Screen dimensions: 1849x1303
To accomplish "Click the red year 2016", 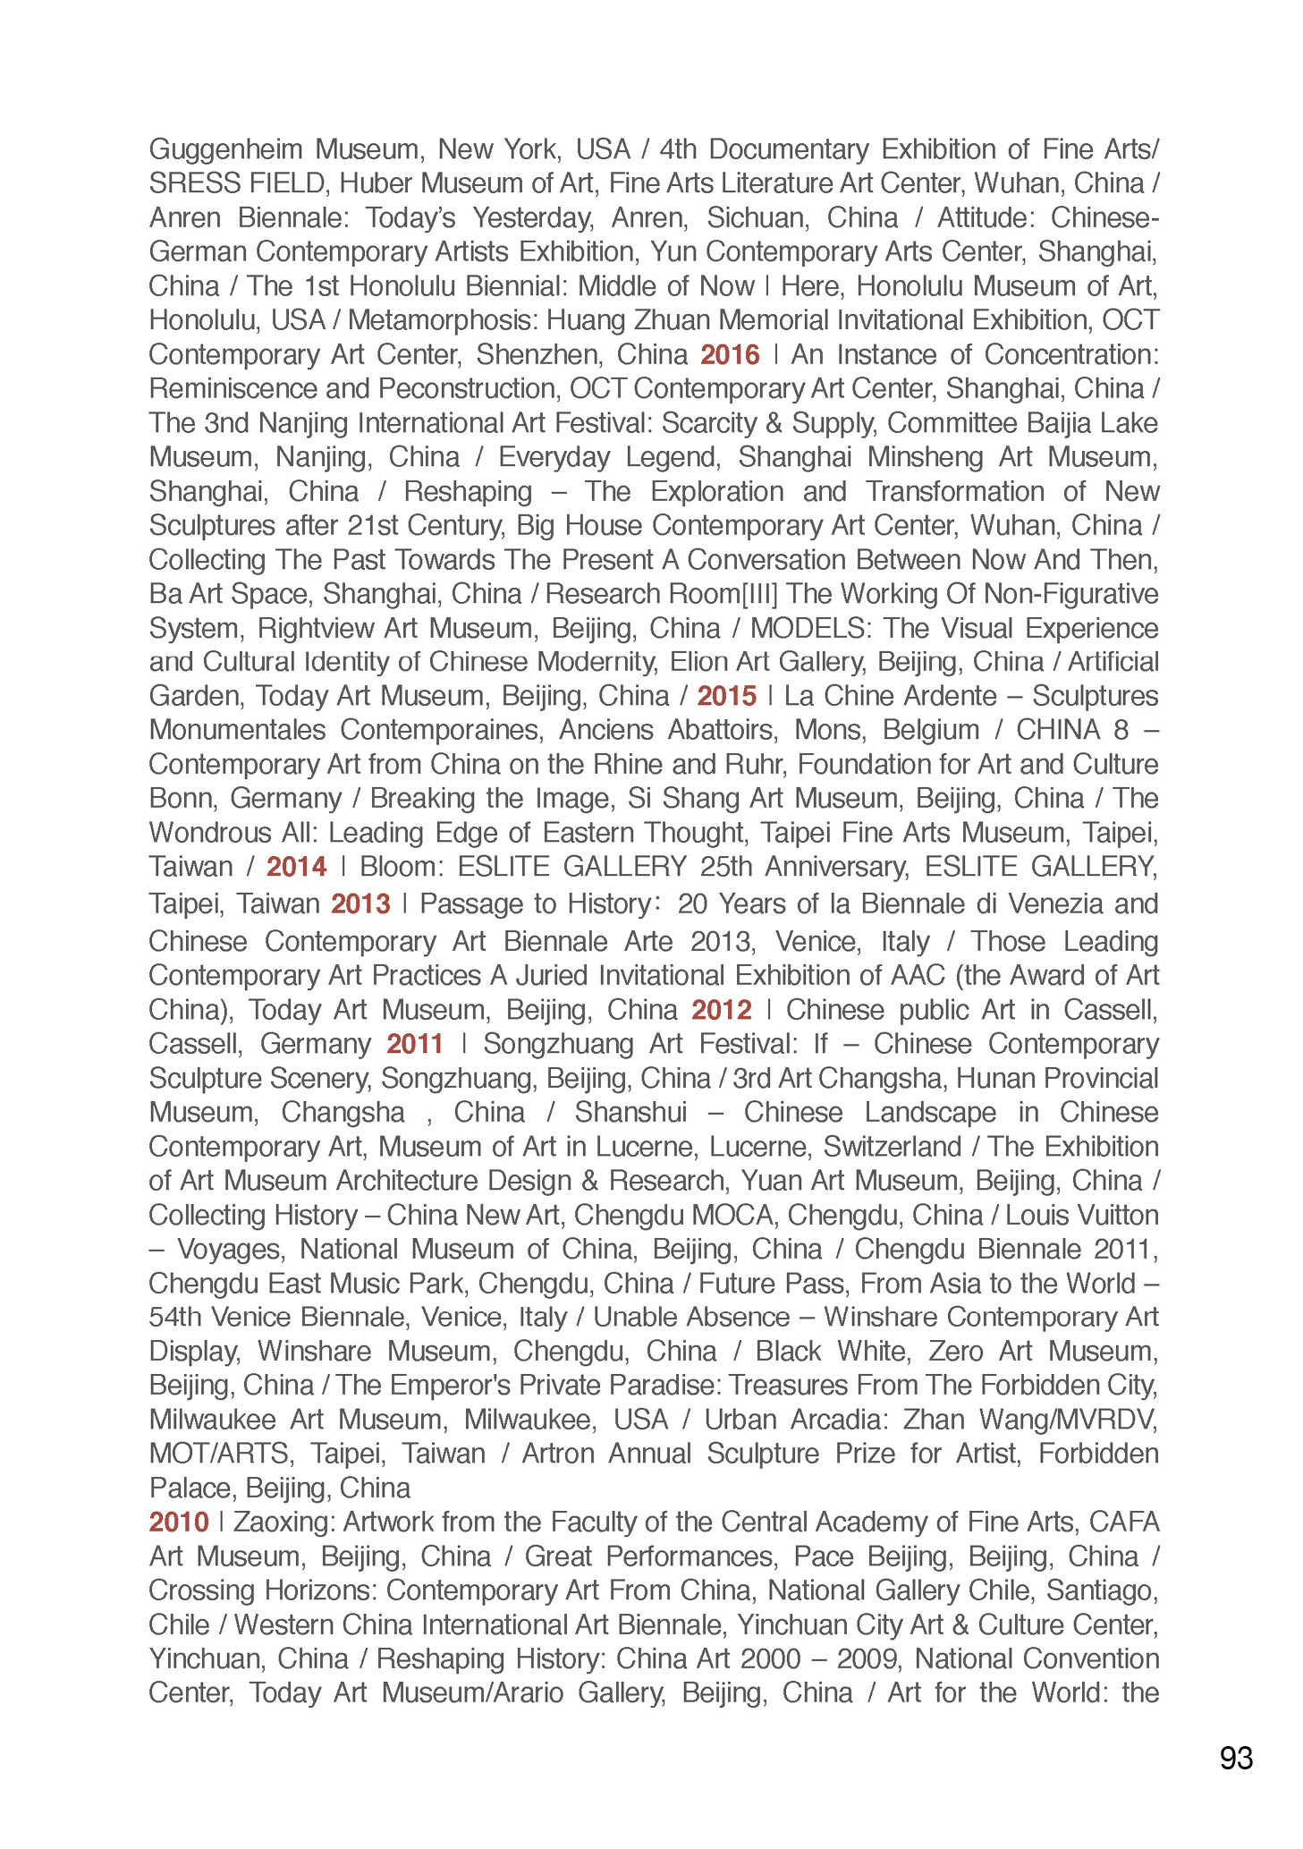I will click(x=730, y=355).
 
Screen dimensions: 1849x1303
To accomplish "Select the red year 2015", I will click(x=726, y=696).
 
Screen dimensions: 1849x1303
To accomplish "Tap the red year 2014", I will click(x=296, y=867).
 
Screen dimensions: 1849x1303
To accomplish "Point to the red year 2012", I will click(x=721, y=1010).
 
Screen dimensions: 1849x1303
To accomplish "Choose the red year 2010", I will click(x=179, y=1522).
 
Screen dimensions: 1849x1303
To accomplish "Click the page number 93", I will click(x=1236, y=1759).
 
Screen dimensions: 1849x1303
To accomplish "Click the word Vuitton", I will click(x=1119, y=1215).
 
